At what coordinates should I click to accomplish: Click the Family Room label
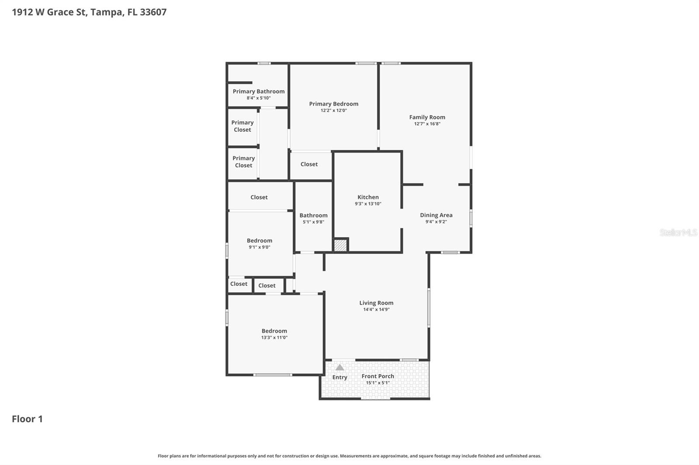427,117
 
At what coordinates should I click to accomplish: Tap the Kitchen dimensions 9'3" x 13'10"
368,204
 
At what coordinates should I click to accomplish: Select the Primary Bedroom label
333,104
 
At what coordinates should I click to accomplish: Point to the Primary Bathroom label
258,91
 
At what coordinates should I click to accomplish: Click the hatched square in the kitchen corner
340,245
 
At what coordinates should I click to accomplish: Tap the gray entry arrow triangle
339,368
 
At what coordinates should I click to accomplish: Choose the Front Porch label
377,376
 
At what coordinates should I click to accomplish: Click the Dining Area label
436,215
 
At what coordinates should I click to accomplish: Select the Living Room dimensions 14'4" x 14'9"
376,310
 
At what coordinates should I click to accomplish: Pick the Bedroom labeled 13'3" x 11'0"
274,331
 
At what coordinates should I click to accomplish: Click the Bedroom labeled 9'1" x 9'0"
259,241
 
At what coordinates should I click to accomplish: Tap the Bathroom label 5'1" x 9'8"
313,215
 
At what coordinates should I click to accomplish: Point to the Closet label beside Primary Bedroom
309,164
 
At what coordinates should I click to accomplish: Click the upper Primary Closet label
242,126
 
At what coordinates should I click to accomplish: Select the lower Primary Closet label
243,162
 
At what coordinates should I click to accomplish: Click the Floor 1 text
27,419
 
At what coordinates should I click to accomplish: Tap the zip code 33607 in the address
153,12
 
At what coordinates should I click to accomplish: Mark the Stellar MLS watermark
678,232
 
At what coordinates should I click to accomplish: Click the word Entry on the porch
339,377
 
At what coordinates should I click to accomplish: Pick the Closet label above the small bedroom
259,197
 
